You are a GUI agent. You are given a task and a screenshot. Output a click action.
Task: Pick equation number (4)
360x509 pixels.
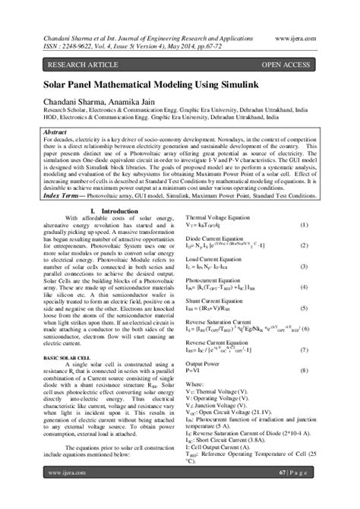(x=303, y=287)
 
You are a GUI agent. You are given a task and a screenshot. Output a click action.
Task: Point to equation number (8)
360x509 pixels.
(x=303, y=370)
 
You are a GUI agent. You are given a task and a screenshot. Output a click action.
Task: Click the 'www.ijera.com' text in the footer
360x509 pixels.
(x=62, y=493)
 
